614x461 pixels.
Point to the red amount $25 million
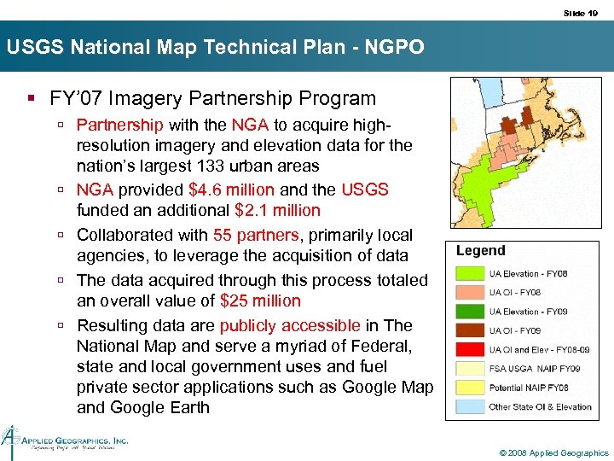pos(260,301)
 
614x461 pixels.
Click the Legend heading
pos(481,251)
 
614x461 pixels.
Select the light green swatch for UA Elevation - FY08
pos(470,274)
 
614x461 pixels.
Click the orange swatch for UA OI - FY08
pos(470,293)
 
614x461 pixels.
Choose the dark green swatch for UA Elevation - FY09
pos(470,312)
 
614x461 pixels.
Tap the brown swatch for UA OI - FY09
pos(470,330)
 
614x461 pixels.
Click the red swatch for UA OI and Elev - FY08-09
pos(470,350)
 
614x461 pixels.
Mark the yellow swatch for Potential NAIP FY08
pos(470,388)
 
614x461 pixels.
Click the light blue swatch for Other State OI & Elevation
pos(470,406)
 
